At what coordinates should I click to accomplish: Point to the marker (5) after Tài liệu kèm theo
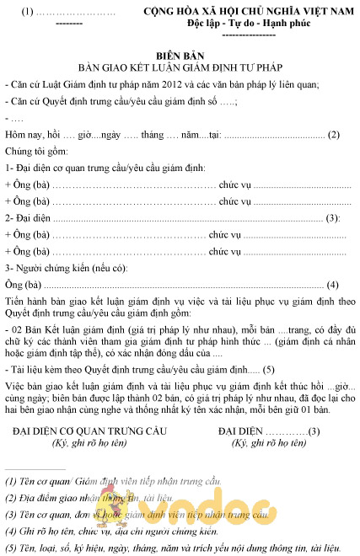269,369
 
